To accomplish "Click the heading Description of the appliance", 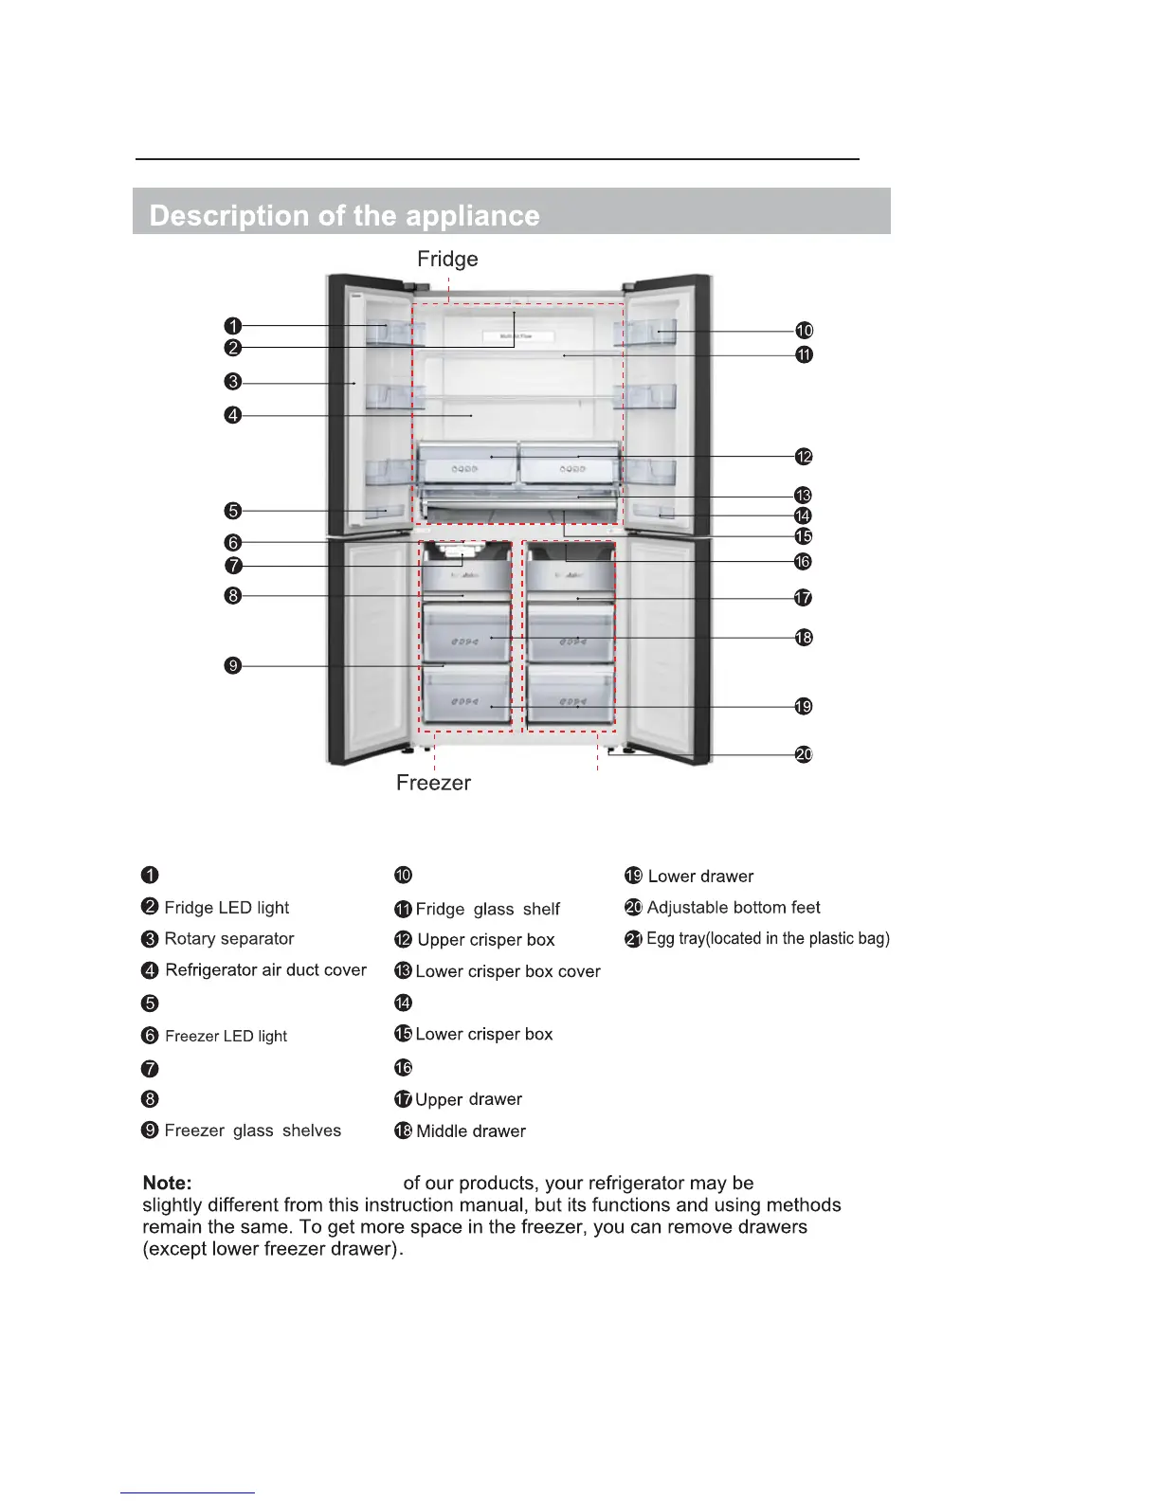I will tap(344, 216).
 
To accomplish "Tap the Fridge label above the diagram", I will tap(447, 259).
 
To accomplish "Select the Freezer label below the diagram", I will tap(433, 783).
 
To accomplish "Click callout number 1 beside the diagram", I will tap(233, 327).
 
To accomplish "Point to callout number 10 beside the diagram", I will tap(804, 331).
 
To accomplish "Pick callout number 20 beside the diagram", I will tap(804, 754).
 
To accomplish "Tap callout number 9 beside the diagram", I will tap(233, 665).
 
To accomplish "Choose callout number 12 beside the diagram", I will tap(804, 457).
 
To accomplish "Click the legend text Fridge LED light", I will tap(227, 908).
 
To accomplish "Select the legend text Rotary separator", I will tap(229, 939).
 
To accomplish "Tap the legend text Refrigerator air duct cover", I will tap(265, 970).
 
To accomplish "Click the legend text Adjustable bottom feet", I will tap(734, 908).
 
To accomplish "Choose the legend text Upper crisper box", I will tap(486, 940).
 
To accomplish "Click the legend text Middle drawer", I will tap(471, 1131).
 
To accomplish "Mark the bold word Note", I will tap(167, 1183).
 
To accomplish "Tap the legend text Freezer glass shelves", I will tap(252, 1130).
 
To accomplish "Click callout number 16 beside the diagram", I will tap(803, 562).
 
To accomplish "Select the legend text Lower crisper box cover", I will tap(508, 971).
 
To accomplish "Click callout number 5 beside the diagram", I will tap(233, 511).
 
